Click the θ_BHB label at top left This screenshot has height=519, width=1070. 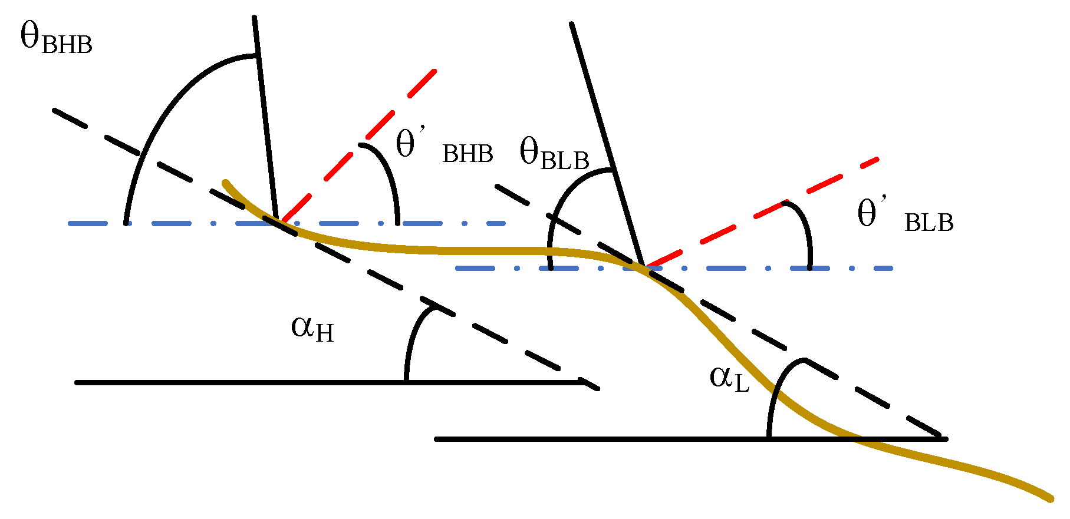coord(56,39)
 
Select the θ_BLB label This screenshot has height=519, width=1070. coord(554,154)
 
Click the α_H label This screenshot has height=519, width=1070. coord(312,329)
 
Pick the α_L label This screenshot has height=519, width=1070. coord(729,378)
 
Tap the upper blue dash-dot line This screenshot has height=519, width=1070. coord(177,224)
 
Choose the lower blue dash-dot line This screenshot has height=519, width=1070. coord(737,269)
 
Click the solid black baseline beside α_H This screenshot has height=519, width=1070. coord(236,383)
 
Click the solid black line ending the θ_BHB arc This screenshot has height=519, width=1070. coord(265,118)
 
